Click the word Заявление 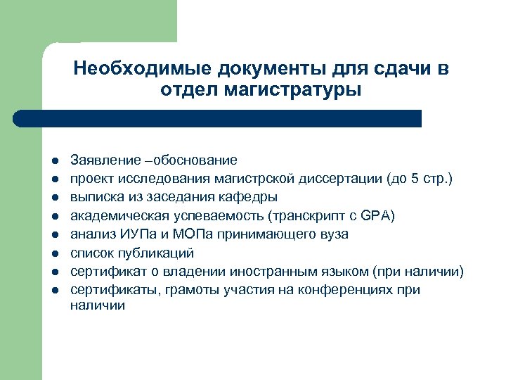tap(104, 160)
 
